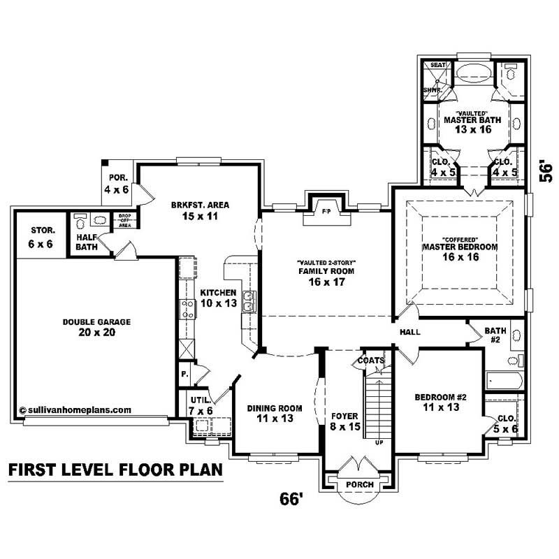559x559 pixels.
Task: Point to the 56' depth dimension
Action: coord(546,173)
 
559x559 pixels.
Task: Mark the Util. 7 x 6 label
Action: coord(201,405)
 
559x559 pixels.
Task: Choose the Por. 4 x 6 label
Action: coord(116,184)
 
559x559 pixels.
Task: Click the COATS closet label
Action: coord(370,361)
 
